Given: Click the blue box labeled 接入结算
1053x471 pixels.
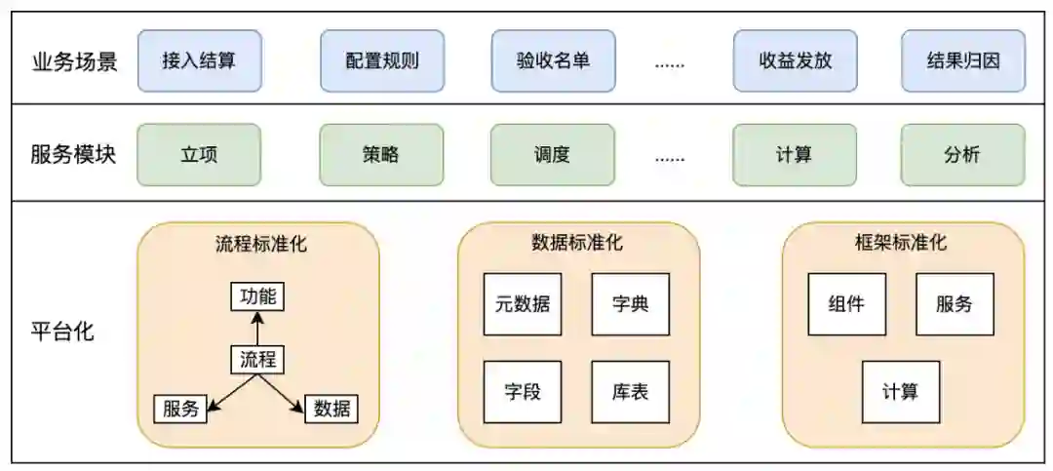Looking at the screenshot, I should point(199,60).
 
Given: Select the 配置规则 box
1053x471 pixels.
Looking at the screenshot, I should point(381,60).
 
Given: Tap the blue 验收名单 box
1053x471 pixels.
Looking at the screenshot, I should point(553,60).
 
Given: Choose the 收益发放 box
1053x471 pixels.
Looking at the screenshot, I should point(795,60).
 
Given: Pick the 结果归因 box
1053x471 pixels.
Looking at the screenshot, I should point(962,60).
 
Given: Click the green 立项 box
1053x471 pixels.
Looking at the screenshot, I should point(199,154).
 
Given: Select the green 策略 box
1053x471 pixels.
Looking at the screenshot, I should point(381,154).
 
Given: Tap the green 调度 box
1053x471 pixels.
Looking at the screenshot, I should point(553,154).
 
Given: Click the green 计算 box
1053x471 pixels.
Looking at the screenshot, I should point(795,154).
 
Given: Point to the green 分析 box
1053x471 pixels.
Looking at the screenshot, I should point(962,154).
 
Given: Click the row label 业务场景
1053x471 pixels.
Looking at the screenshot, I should point(74,61).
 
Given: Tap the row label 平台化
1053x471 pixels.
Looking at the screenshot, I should point(62,331).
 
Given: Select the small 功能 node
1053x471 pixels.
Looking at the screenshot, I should point(258,296).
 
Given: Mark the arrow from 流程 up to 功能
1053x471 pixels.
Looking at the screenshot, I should point(258,329).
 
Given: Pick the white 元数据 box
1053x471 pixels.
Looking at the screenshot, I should point(522,303).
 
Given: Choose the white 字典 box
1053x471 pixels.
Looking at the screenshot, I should point(630,303).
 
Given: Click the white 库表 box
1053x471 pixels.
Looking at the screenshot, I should point(630,392).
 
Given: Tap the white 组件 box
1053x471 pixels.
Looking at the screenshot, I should point(847,303).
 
